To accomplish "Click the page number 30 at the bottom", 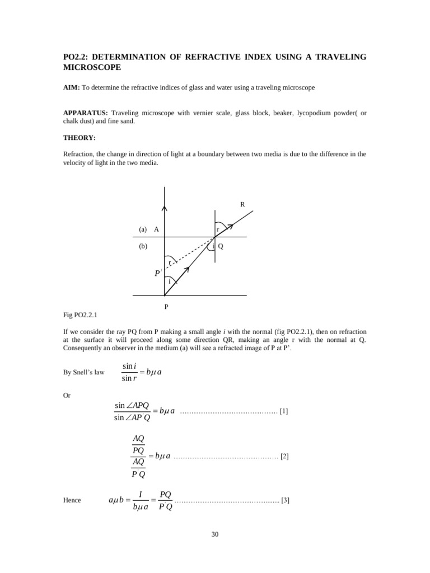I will (215, 534).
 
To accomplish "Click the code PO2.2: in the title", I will (78, 57).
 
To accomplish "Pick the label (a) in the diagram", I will (143, 229).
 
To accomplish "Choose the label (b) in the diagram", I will (143, 246).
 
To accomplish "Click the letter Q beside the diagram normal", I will (221, 246).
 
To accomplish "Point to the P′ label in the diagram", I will (158, 274).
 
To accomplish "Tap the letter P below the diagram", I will (165, 307).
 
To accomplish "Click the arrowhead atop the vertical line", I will (165, 209).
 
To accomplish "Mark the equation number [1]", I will (284, 411).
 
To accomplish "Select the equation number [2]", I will (284, 457).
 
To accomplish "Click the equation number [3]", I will (285, 500).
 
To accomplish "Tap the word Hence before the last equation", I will (72, 500).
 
